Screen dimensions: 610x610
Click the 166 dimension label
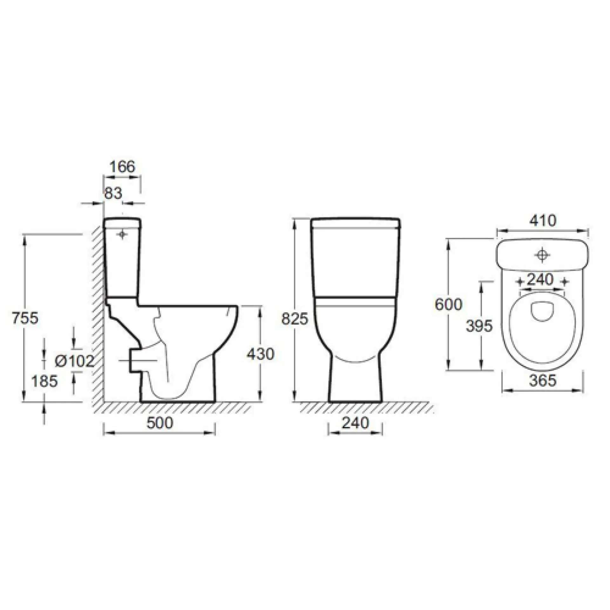(122, 167)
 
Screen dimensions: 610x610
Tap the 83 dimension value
(113, 193)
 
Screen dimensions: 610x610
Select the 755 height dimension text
(25, 318)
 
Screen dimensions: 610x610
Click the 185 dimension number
(44, 381)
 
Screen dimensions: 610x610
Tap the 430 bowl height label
(260, 354)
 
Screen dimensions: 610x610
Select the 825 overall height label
(295, 319)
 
